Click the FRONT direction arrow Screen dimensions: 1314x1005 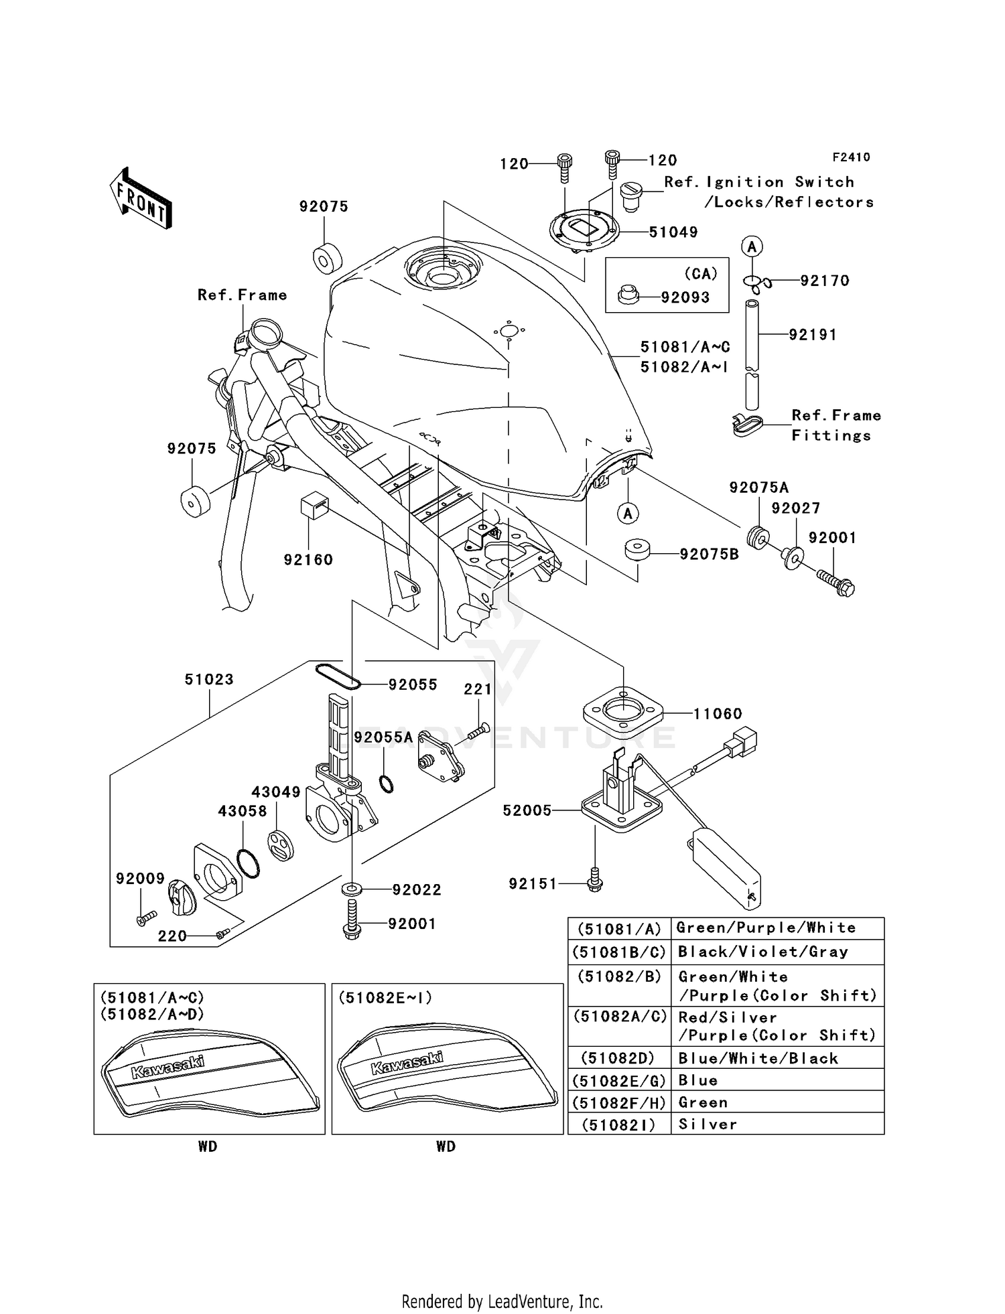coord(141,199)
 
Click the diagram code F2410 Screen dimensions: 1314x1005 coord(851,157)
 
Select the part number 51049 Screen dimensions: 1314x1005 coord(673,232)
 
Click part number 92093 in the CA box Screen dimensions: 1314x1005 coord(685,297)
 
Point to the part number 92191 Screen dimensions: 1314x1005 coord(812,334)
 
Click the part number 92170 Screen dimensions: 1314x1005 coord(824,281)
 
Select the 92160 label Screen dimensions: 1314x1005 coord(308,559)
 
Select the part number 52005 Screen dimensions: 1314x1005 coord(527,810)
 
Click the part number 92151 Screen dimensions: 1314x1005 coord(533,884)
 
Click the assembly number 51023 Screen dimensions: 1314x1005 coord(209,679)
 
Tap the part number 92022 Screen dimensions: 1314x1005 coord(417,889)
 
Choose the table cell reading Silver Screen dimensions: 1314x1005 coord(708,1124)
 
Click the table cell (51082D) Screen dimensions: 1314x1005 coord(618,1058)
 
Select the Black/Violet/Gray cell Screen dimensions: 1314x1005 coord(762,952)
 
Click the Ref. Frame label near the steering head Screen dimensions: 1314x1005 coord(242,295)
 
